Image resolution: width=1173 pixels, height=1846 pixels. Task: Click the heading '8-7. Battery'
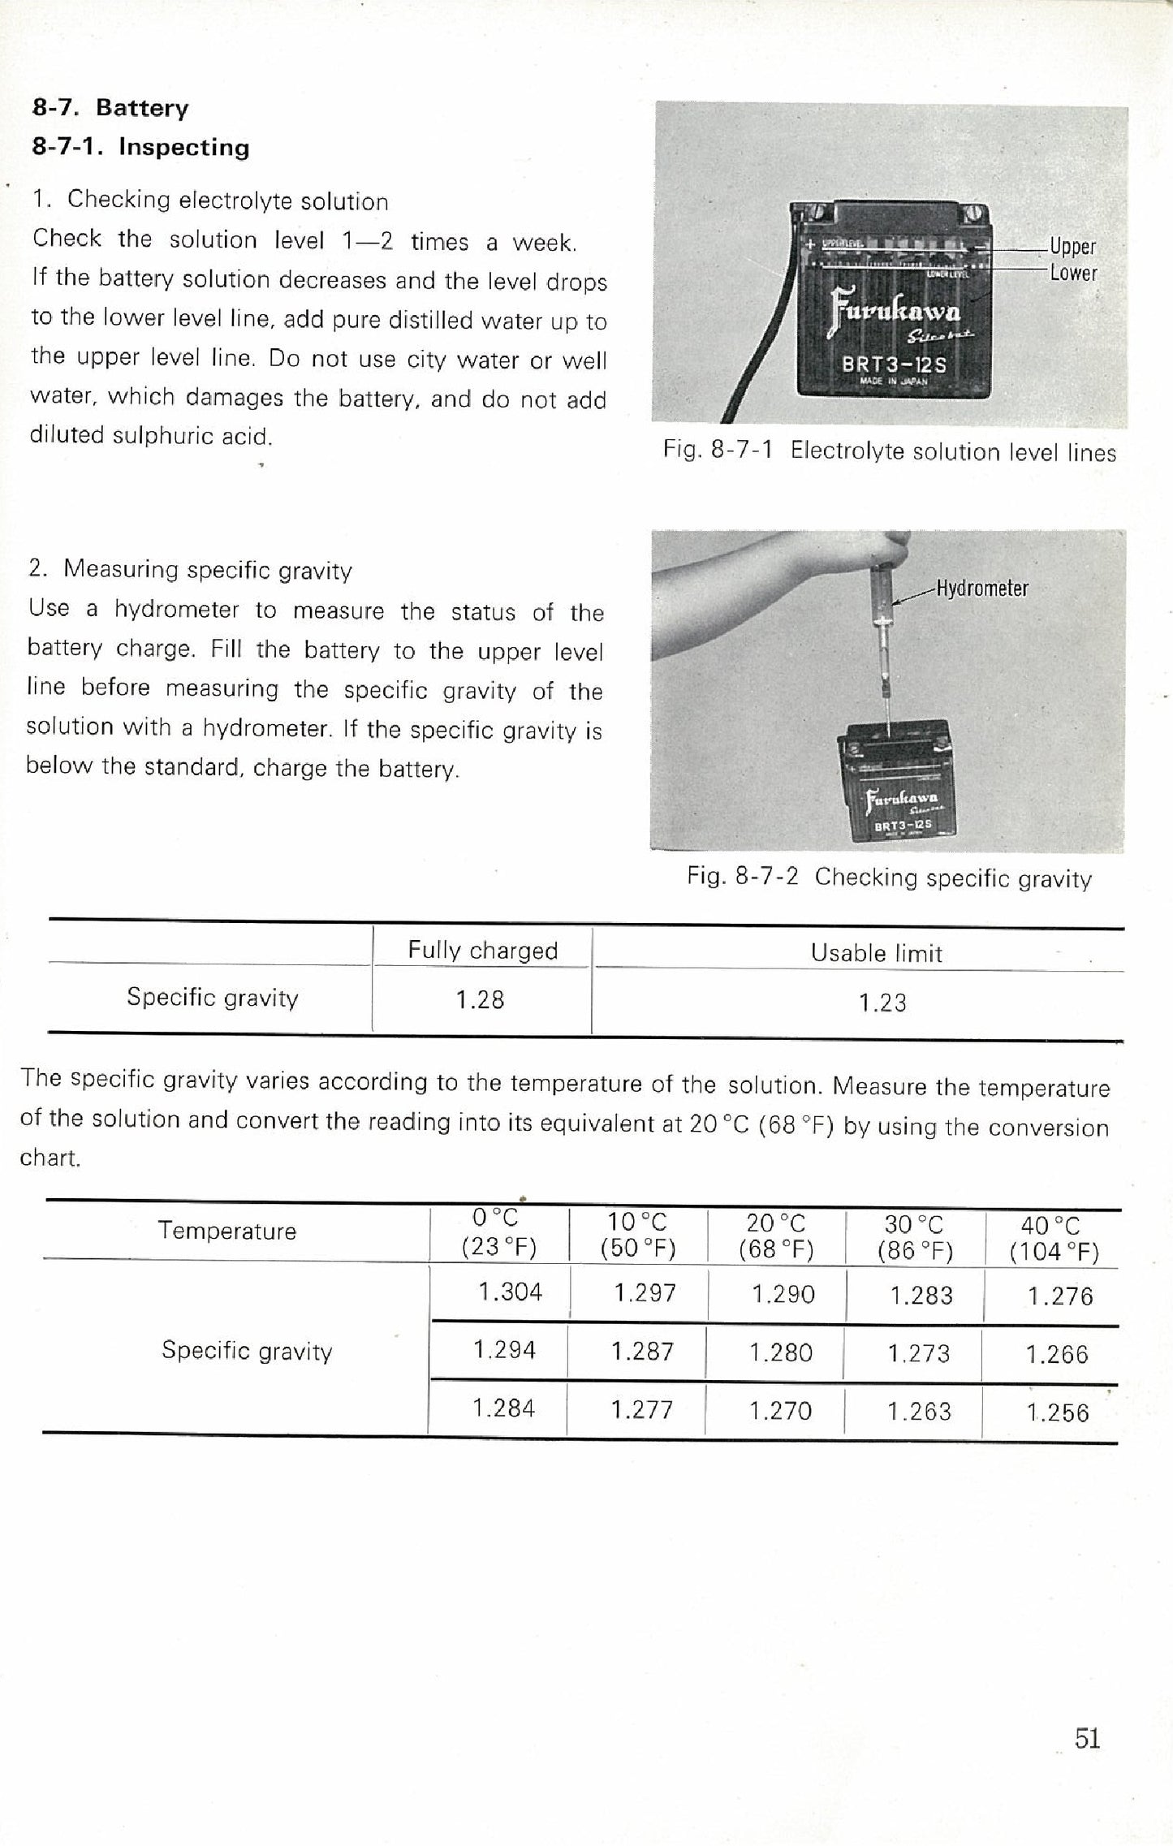tap(110, 108)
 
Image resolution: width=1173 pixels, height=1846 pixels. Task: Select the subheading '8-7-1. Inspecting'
tap(140, 147)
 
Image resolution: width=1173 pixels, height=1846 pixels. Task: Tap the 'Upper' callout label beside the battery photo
tap(1072, 246)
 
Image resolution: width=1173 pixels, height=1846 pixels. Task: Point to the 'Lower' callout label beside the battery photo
tap(1073, 273)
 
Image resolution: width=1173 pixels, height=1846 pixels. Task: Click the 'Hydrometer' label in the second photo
tap(981, 588)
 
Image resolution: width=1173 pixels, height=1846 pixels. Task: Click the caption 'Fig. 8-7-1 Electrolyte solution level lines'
tap(889, 451)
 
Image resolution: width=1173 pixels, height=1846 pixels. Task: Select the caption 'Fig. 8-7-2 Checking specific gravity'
tap(889, 878)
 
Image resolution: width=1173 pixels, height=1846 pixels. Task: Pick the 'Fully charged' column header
tap(482, 950)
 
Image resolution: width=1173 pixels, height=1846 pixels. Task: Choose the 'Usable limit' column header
tap(876, 953)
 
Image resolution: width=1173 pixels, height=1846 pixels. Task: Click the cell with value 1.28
tap(480, 1000)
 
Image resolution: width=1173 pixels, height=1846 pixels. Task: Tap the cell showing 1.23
tap(882, 1003)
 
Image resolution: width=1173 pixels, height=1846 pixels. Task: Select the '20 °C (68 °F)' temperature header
tap(776, 1236)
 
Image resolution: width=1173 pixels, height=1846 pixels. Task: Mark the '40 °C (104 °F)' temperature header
tap(1053, 1239)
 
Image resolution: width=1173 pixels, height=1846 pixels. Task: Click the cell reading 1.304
tap(510, 1292)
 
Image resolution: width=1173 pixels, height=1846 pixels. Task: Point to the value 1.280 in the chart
tap(780, 1352)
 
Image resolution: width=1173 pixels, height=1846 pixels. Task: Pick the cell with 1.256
tap(1058, 1413)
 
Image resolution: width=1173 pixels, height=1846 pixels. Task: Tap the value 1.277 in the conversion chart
tap(641, 1410)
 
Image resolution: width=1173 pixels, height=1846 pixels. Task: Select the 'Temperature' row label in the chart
tap(227, 1231)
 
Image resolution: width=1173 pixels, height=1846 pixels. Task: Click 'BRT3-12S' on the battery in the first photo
tap(894, 364)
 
